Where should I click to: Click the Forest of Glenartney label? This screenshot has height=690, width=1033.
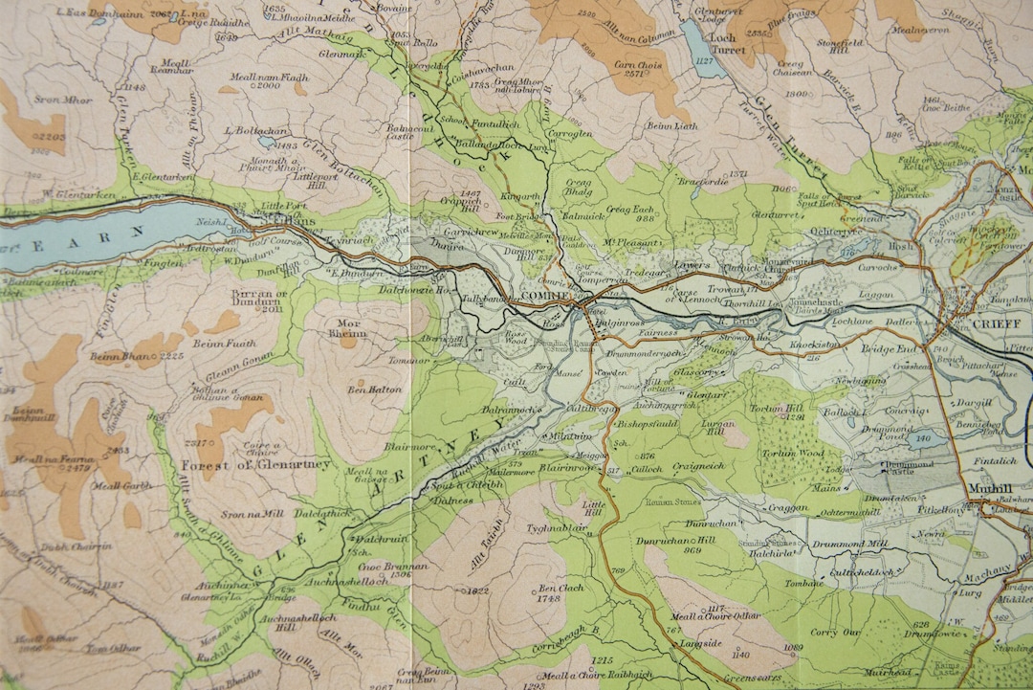click(x=255, y=465)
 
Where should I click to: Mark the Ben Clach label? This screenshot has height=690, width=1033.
click(x=560, y=589)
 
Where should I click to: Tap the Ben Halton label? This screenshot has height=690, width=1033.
click(x=375, y=390)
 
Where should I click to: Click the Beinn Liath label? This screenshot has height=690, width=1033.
click(x=672, y=125)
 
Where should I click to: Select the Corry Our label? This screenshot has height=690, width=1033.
click(x=836, y=632)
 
